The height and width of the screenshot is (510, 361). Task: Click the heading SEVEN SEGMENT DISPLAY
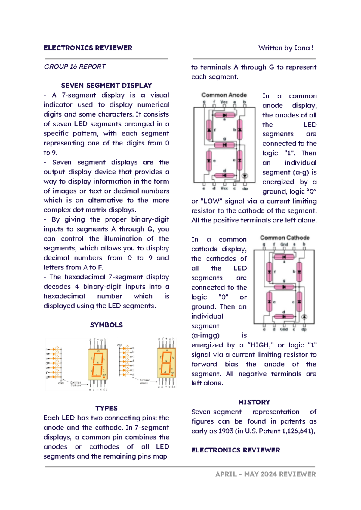pos(106,86)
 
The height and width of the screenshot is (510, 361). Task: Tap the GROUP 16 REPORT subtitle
pos(75,67)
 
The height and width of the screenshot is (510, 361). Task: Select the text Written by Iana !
pos(286,48)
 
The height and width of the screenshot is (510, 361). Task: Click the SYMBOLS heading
pos(106,325)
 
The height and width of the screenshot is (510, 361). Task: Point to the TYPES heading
pos(106,408)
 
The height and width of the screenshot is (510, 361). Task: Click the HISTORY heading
pos(254,402)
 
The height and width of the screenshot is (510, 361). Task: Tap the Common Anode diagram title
pos(224,95)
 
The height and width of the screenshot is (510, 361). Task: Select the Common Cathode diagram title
pos(284,238)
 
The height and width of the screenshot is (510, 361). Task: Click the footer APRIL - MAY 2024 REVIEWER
pos(265,474)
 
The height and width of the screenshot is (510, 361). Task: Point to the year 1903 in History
pos(226,431)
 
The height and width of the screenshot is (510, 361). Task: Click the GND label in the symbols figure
pos(61,383)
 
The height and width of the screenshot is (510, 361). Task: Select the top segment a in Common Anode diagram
pos(224,115)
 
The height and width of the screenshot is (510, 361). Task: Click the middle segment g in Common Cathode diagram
pos(284,287)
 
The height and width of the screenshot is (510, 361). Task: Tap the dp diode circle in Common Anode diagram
pos(245,176)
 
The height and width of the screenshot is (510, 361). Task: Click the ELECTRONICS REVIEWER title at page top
pos(88,48)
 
